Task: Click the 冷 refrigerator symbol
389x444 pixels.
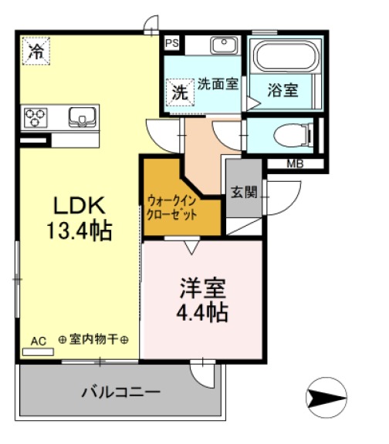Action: click(36, 52)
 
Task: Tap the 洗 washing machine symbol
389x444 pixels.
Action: click(178, 92)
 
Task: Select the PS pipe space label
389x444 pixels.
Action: click(172, 43)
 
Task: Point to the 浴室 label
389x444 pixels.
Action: click(282, 90)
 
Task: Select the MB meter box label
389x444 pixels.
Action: click(295, 163)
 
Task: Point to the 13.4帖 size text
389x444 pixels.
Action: click(78, 230)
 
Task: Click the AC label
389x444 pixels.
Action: click(38, 340)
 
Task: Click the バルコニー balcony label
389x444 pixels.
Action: click(121, 392)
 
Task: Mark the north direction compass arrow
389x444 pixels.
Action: click(328, 398)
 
